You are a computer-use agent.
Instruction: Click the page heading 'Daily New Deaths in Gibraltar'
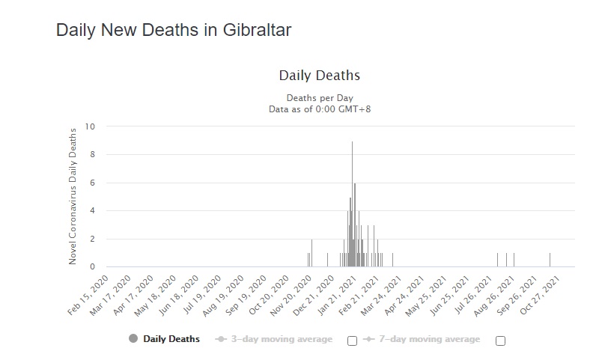pos(173,31)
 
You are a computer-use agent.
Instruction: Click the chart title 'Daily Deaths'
pos(320,76)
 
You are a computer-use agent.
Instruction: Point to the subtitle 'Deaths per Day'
pos(320,98)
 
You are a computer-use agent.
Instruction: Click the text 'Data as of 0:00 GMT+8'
pos(320,109)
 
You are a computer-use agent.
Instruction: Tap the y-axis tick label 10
pos(90,126)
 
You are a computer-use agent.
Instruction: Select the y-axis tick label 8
pos(92,155)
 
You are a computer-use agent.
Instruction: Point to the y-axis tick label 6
pos(92,183)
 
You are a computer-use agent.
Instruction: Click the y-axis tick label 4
pos(92,211)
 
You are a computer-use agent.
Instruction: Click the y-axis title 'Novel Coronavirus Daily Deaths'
pos(73,196)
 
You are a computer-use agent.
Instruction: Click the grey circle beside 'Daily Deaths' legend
pos(133,339)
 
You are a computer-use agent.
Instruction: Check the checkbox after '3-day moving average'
pos(352,341)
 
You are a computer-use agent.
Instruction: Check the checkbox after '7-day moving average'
pos(500,341)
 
